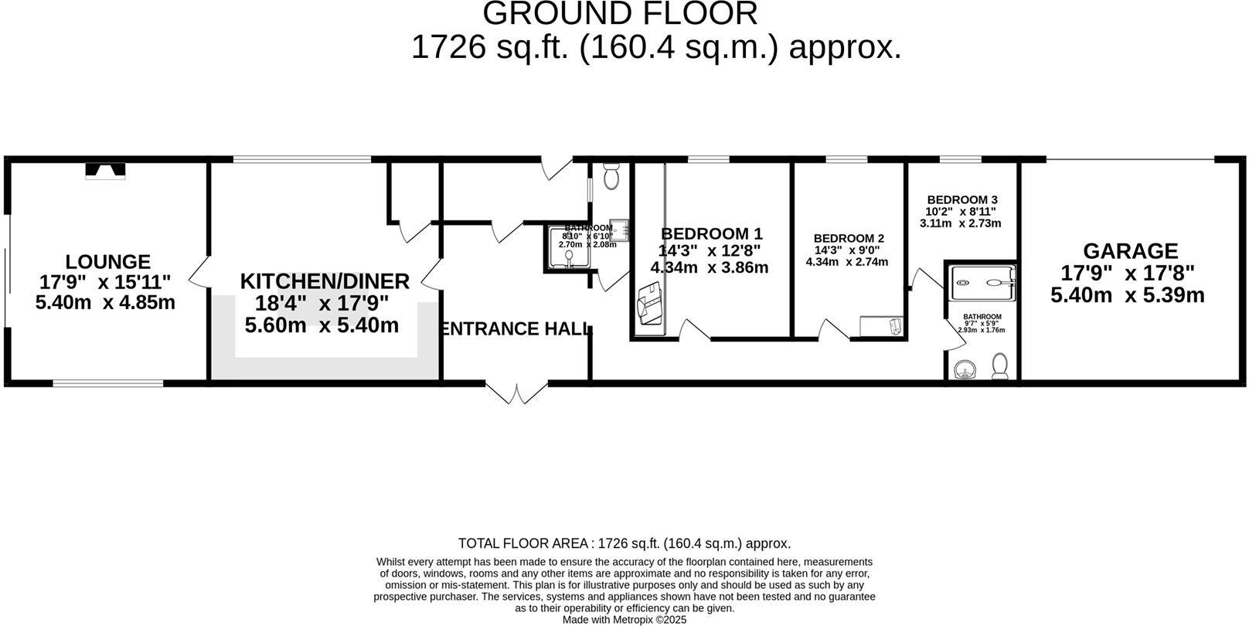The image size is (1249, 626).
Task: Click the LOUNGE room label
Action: pyautogui.click(x=107, y=262)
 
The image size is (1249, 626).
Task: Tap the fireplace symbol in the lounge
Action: pyautogui.click(x=104, y=170)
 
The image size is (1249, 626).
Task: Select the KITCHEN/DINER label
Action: pyautogui.click(x=325, y=281)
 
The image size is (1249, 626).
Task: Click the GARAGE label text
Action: pyautogui.click(x=1130, y=251)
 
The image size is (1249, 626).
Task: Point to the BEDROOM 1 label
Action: pyautogui.click(x=711, y=233)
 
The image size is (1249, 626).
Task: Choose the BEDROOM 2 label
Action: pyautogui.click(x=849, y=239)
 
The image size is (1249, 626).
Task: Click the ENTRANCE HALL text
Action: pyautogui.click(x=514, y=329)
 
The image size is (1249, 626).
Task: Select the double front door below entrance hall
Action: pyautogui.click(x=516, y=393)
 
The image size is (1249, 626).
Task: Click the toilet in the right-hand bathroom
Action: pyautogui.click(x=1000, y=366)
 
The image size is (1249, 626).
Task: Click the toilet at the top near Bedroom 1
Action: pyautogui.click(x=611, y=177)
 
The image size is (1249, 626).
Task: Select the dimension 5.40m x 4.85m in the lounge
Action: pyautogui.click(x=105, y=302)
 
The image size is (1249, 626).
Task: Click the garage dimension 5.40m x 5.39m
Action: pyautogui.click(x=1127, y=294)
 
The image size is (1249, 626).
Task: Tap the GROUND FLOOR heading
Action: pyautogui.click(x=620, y=14)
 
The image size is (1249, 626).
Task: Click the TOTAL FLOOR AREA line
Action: pyautogui.click(x=624, y=543)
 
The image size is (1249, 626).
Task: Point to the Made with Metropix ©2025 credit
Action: pyautogui.click(x=624, y=619)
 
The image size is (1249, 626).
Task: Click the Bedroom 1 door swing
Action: pyautogui.click(x=693, y=330)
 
